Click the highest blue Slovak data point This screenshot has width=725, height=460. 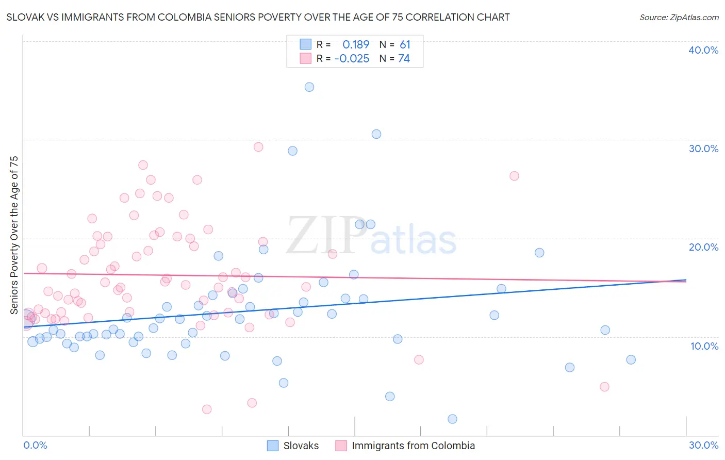[309, 87]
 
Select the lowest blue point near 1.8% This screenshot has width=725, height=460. [452, 419]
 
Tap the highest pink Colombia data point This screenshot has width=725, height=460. [258, 147]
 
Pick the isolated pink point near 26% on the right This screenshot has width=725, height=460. [514, 176]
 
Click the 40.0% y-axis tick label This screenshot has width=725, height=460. [703, 50]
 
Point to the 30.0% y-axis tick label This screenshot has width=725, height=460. [703, 149]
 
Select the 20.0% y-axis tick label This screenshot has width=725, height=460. [703, 247]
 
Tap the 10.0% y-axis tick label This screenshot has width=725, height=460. [704, 346]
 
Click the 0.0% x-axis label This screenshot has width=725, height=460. [35, 445]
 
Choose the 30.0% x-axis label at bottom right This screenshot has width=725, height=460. [703, 445]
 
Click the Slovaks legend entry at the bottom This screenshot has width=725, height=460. [301, 446]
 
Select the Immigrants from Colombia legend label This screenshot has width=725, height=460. [413, 446]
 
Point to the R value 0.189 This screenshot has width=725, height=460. [356, 45]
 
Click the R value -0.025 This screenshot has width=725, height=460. [352, 59]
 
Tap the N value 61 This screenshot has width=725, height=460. [405, 45]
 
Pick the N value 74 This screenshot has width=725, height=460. [404, 59]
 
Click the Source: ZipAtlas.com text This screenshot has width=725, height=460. [679, 17]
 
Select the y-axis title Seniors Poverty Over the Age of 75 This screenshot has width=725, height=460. [14, 235]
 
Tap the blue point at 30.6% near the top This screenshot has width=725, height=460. [376, 134]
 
